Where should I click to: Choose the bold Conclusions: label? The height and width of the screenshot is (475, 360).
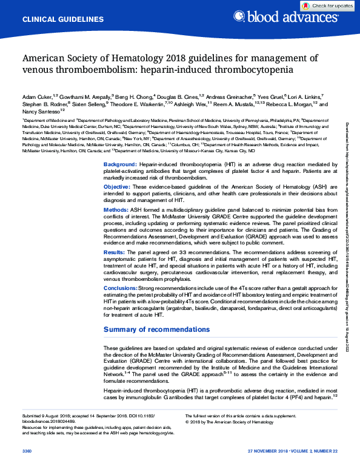tap(120, 288)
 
